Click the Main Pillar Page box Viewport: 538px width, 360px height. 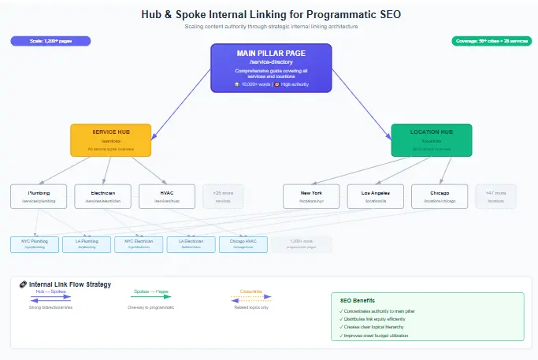[x=271, y=68]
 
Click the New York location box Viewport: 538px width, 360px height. [x=312, y=196]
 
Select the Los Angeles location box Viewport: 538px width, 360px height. [x=376, y=196]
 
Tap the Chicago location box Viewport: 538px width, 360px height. [x=440, y=196]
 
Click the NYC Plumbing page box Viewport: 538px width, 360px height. [x=33, y=243]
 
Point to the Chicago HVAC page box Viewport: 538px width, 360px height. [x=243, y=243]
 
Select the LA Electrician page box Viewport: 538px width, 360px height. [x=190, y=243]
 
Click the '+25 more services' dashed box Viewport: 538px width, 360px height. [x=223, y=196]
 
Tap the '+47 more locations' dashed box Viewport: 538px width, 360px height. [x=495, y=196]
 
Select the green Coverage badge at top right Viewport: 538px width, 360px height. [x=491, y=41]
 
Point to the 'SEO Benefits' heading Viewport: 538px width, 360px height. [x=358, y=300]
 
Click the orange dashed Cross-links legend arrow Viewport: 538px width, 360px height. [x=250, y=297]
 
